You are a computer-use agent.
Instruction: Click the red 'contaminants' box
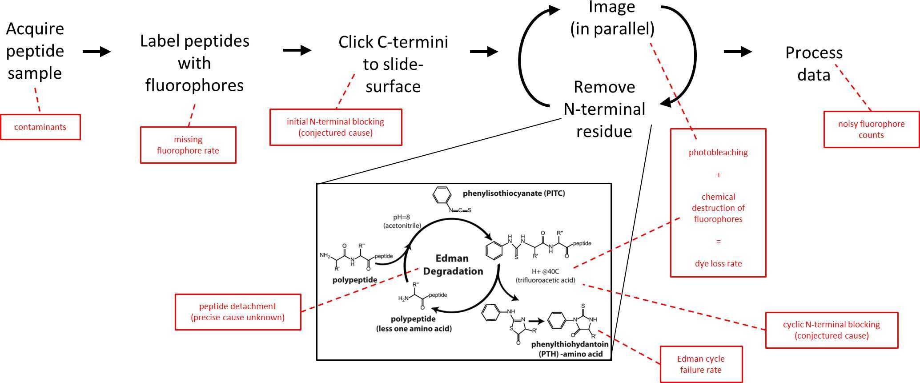click(40, 127)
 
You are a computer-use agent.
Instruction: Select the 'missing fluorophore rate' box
click(188, 145)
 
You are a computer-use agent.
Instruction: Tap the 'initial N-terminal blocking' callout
click(336, 127)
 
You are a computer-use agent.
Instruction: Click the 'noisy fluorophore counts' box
click(871, 129)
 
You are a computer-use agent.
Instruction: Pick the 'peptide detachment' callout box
click(238, 312)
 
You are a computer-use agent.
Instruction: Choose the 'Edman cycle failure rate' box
click(701, 364)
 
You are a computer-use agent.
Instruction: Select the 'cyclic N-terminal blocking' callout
click(832, 330)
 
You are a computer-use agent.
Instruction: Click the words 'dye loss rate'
click(718, 263)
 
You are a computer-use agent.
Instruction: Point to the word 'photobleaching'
click(718, 152)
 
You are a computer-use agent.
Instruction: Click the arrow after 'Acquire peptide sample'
click(96, 52)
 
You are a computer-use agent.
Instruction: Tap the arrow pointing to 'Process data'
click(738, 52)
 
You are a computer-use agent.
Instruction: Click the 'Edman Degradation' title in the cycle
click(453, 265)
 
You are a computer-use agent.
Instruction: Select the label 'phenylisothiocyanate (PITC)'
click(514, 194)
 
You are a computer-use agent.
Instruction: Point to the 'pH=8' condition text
click(402, 217)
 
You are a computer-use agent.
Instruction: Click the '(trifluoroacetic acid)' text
click(545, 280)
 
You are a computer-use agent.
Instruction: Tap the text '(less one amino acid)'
click(414, 329)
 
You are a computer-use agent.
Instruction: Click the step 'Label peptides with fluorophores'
click(195, 63)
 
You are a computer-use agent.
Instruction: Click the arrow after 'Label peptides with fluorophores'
click(297, 50)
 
